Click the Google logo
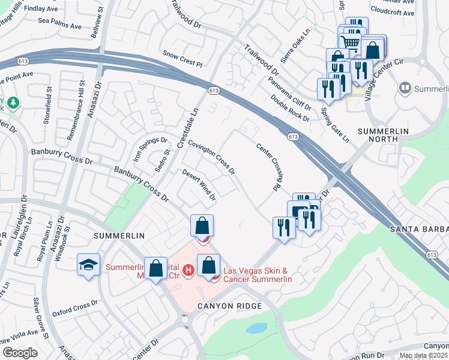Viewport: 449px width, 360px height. (x=20, y=352)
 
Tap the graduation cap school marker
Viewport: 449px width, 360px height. (x=88, y=265)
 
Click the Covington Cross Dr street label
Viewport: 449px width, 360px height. (x=211, y=158)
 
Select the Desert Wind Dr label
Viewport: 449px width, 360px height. (x=199, y=184)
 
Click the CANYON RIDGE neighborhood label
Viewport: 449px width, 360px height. (x=230, y=307)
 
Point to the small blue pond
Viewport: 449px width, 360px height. (x=256, y=328)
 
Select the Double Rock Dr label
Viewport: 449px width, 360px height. (x=289, y=109)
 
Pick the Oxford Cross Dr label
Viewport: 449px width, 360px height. (x=74, y=308)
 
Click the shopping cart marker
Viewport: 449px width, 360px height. (x=350, y=41)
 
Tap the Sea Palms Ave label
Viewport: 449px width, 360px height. (x=59, y=26)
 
